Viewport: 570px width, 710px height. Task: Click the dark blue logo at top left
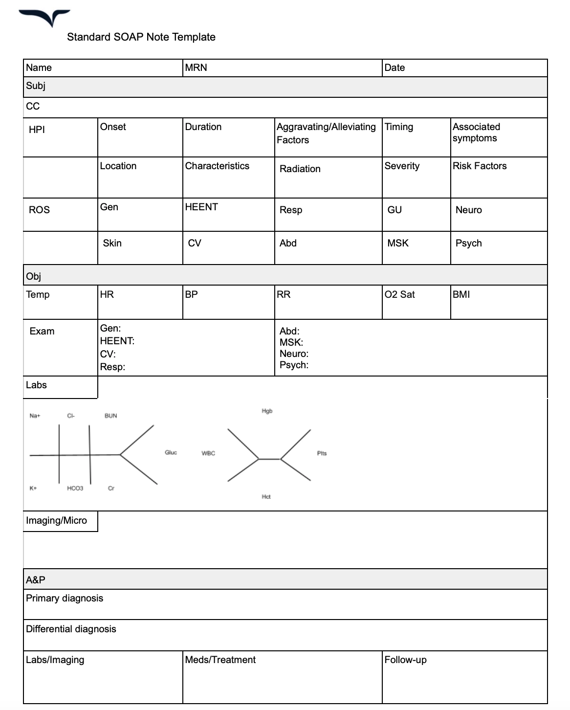(45, 18)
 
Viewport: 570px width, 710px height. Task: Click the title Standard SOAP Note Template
(141, 37)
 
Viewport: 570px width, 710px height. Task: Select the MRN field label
(196, 68)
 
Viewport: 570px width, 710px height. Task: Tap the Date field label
(395, 68)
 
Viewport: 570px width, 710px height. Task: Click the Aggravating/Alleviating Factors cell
(326, 133)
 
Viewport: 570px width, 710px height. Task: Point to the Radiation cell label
(300, 169)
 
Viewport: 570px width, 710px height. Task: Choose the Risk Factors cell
(480, 166)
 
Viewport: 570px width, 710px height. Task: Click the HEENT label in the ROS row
(201, 207)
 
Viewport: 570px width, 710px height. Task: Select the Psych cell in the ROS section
(468, 244)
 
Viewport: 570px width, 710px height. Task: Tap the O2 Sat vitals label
(399, 295)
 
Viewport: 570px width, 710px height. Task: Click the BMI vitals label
(461, 295)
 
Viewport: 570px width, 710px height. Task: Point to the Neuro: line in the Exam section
(294, 354)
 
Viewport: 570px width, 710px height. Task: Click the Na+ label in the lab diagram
(35, 416)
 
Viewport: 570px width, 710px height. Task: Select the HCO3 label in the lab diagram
(75, 488)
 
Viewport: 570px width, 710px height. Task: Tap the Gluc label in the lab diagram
(171, 453)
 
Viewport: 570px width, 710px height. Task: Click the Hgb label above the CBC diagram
(267, 411)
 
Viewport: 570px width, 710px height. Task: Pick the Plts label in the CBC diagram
(322, 454)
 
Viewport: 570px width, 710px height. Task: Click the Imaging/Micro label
(56, 521)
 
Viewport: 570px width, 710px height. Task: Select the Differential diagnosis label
(71, 629)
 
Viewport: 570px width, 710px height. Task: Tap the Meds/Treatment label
(220, 660)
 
